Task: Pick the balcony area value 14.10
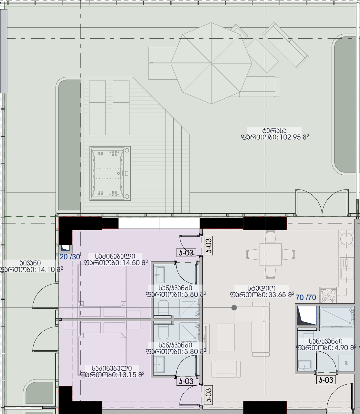(x=46, y=270)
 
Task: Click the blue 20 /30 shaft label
(x=70, y=257)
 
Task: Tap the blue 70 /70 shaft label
(x=306, y=297)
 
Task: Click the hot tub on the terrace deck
(x=110, y=173)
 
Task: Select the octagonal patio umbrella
(x=211, y=63)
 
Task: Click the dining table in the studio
(x=271, y=254)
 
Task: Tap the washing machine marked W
(x=346, y=363)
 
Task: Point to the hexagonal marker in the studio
(x=234, y=307)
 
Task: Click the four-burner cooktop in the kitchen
(x=328, y=295)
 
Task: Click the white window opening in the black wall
(x=159, y=223)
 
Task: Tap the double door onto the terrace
(x=322, y=202)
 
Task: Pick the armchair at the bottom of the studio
(x=226, y=369)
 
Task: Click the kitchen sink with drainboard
(x=346, y=268)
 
